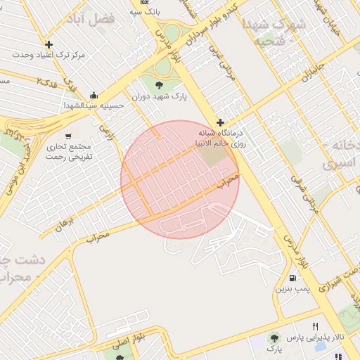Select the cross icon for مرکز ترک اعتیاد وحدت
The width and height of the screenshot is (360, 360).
(x=48, y=44)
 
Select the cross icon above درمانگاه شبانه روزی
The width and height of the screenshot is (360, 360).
(x=220, y=122)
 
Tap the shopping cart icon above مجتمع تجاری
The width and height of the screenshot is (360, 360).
(x=68, y=136)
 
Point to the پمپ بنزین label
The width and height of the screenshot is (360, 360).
(x=290, y=289)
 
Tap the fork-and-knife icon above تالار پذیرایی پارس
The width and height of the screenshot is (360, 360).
(x=316, y=326)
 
